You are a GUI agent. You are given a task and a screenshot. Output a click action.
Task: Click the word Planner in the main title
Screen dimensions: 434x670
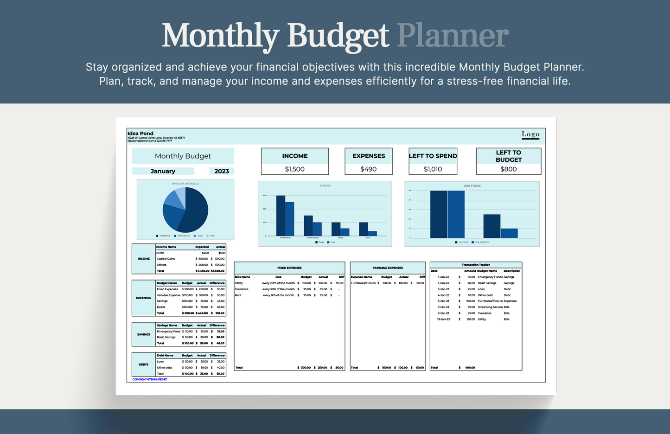tap(453, 36)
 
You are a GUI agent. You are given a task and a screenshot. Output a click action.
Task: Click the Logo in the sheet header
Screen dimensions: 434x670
tap(530, 134)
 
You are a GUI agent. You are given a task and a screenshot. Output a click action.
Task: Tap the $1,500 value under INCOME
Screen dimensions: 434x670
tap(294, 169)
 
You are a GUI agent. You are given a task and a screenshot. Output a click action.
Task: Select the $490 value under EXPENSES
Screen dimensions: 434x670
tap(368, 169)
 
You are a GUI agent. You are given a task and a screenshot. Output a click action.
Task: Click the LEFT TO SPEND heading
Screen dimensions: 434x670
tap(433, 156)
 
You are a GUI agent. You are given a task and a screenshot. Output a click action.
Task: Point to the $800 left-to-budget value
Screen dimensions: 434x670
tap(508, 169)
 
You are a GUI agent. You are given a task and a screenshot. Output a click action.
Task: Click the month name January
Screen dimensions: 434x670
tap(163, 171)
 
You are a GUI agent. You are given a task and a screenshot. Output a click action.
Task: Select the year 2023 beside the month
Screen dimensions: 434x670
tap(222, 171)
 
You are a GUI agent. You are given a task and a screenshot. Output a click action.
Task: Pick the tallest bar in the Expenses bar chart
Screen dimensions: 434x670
tap(281, 216)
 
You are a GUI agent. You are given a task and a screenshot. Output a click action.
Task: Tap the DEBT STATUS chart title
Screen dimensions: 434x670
tap(472, 186)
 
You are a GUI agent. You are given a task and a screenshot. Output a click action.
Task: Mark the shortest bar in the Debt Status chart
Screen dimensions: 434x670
tap(509, 233)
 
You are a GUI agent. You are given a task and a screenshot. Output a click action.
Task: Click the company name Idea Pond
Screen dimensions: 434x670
tap(140, 134)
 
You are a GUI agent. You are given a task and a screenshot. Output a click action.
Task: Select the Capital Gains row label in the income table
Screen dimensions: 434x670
tap(166, 259)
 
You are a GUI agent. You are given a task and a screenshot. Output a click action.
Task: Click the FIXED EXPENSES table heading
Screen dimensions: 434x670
tap(289, 268)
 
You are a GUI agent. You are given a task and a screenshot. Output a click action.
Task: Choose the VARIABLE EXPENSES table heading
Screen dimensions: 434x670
tap(388, 268)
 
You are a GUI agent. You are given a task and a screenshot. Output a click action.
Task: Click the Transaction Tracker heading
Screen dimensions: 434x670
tap(476, 265)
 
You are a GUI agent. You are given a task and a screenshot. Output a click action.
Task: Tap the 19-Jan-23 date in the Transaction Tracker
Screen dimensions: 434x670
tap(444, 319)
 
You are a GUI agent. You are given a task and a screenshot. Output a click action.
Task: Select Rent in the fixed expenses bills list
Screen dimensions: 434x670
tap(238, 295)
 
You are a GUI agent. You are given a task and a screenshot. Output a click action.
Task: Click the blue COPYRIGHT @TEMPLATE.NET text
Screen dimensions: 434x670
tap(150, 379)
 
